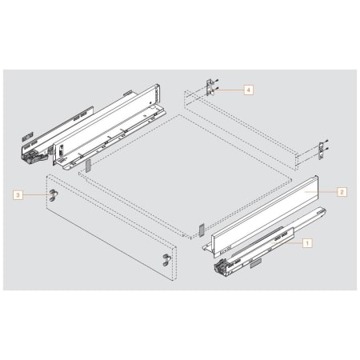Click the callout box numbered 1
(307, 243)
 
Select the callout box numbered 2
(342, 192)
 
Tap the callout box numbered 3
(18, 195)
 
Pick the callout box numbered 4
(249, 90)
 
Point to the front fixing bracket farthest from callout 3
(166, 260)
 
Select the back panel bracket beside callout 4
(211, 87)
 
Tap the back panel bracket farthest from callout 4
(323, 150)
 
